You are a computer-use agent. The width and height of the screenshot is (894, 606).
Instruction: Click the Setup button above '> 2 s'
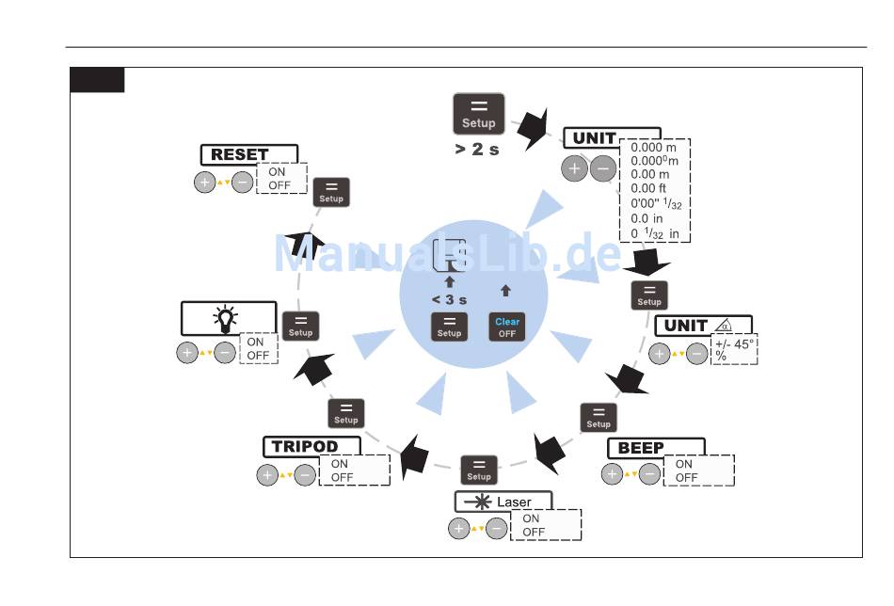pos(479,114)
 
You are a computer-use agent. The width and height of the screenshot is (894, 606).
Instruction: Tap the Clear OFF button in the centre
pos(506,327)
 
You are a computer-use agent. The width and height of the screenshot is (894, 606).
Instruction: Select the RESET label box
pos(249,153)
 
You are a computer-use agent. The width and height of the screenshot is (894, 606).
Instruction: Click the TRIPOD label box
pos(311,446)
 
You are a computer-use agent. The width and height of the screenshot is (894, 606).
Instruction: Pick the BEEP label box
pos(655,448)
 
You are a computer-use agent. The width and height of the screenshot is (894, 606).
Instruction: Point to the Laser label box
pos(503,502)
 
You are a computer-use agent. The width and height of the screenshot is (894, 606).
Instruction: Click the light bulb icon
pos(227,319)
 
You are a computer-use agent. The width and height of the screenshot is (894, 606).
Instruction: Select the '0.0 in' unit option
pos(647,218)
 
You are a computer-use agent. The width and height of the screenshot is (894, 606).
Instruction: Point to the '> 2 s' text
pos(477,149)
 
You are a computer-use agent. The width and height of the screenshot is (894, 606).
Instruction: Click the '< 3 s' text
pos(449,299)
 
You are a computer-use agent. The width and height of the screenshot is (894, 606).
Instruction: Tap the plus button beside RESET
pos(205,182)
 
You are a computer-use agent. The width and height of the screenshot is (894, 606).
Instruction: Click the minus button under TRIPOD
pos(305,475)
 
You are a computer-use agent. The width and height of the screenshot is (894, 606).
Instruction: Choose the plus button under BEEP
pos(613,474)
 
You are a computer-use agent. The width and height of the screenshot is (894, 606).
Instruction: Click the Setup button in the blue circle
pos(449,327)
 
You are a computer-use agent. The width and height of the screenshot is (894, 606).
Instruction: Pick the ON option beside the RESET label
pos(277,172)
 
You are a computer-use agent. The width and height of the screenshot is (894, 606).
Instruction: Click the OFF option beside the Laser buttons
pos(534,533)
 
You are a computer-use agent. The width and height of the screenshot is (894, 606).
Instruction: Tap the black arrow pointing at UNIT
pos(534,130)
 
